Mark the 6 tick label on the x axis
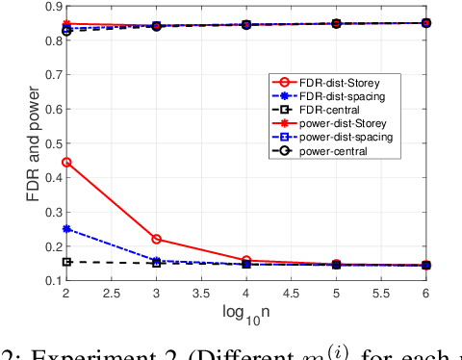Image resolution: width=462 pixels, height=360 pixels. coord(427,292)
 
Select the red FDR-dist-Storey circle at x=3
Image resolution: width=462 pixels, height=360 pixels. coord(157,239)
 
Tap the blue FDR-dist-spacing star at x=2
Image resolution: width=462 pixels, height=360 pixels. coord(66,229)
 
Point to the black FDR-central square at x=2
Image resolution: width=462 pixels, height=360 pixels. coord(66,261)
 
